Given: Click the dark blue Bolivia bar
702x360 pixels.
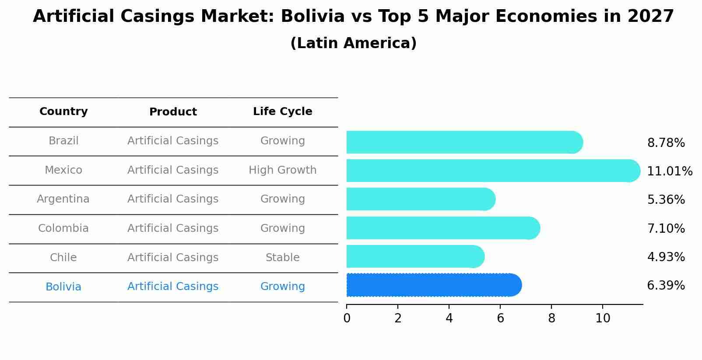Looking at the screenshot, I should click(433, 285).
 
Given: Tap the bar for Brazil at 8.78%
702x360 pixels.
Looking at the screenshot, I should click(464, 142).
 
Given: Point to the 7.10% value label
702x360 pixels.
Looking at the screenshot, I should click(666, 228).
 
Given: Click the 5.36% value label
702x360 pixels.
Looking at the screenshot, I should click(666, 200).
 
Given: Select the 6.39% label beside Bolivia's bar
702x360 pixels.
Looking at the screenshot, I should click(666, 286).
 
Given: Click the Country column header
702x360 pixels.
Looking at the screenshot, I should click(63, 112).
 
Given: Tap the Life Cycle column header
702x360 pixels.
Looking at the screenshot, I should click(282, 112).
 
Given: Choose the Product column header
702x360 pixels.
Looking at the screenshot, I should click(173, 112).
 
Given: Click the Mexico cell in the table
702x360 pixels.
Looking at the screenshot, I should click(63, 170).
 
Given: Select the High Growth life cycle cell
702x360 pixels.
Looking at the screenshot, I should click(282, 170).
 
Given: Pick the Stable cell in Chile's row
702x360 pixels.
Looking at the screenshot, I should click(282, 258).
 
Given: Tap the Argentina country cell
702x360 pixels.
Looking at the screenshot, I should click(63, 199).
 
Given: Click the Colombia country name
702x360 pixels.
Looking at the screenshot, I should click(63, 228).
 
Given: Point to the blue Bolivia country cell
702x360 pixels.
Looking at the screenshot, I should click(63, 287).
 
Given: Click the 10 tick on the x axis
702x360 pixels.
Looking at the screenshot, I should click(603, 318).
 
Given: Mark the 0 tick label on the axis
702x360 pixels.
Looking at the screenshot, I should click(347, 318).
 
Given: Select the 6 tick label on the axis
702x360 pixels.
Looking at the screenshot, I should click(500, 318).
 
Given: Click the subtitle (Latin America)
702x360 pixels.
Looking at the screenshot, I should click(353, 43).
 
